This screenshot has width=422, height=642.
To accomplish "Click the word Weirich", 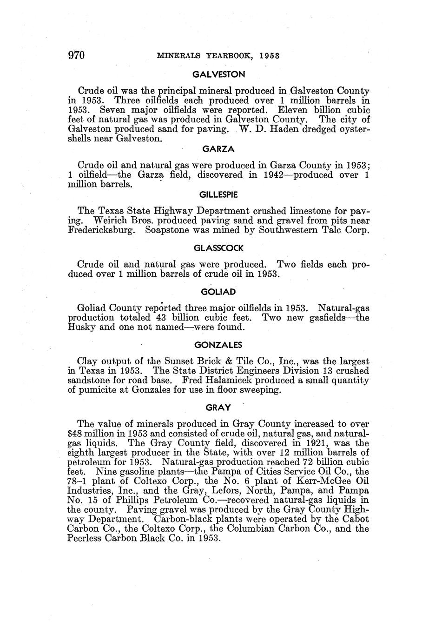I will [x=112, y=221].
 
